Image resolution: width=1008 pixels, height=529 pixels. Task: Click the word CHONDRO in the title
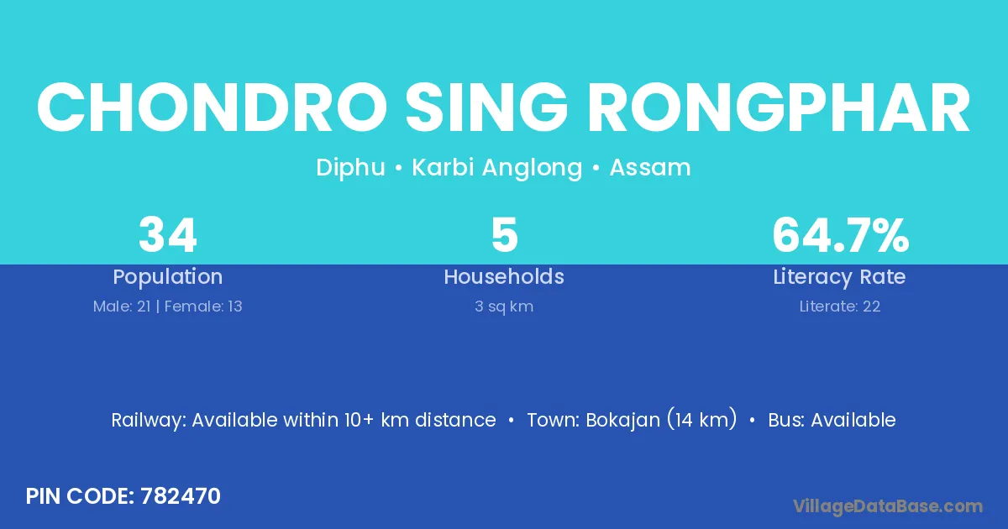coord(212,107)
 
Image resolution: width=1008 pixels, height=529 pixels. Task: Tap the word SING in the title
coord(487,107)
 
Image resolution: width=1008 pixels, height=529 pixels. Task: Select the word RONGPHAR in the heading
coord(779,107)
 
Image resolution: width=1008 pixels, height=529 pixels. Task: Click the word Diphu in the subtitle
coord(350,168)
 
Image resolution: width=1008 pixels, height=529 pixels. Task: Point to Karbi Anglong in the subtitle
coord(497,168)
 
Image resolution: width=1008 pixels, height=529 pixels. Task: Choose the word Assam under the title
coord(650,167)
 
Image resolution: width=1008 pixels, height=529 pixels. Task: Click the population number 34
coord(168,235)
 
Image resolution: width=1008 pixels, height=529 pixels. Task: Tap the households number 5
coord(505,235)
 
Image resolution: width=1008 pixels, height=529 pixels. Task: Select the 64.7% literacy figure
coord(841,235)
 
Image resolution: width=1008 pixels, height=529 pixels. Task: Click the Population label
coord(168,277)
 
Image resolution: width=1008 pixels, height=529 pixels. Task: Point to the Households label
coord(504,276)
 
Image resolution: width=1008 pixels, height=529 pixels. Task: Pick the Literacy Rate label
coord(840,277)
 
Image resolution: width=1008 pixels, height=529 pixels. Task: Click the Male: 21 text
coord(122,306)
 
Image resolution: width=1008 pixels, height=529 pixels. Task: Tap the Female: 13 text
coord(203,306)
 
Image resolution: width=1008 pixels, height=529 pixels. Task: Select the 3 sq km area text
coord(504,306)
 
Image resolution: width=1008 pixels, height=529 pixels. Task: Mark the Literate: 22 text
coord(840,306)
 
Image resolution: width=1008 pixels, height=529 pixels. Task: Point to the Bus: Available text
coord(832,420)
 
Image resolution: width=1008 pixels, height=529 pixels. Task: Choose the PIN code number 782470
coord(181,496)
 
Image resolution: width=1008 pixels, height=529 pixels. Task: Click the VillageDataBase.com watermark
coord(888,507)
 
